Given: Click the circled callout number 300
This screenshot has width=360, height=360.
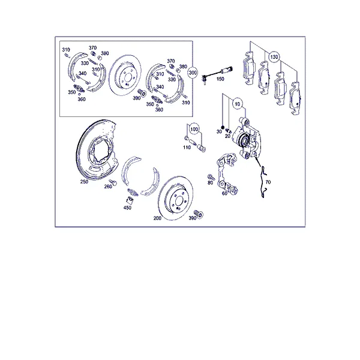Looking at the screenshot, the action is click(193, 73).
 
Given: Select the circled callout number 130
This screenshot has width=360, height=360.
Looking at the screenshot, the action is click(274, 57).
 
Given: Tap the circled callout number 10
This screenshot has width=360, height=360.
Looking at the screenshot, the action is click(237, 104).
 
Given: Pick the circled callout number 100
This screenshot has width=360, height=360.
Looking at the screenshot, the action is click(194, 129).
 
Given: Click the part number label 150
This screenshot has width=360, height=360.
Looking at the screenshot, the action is click(220, 79).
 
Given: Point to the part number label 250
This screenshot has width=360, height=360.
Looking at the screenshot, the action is click(84, 182).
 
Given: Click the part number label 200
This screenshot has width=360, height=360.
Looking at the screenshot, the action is click(157, 218).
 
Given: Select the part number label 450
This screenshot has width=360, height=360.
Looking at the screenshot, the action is click(127, 208).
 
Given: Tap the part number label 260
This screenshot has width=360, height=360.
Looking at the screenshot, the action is click(108, 187).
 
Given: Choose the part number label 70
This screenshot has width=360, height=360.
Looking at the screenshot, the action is click(268, 182).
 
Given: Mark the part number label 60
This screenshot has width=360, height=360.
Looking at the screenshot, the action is click(224, 193).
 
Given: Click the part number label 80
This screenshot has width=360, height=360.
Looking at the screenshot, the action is click(211, 182).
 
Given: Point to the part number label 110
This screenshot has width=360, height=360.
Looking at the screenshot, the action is click(187, 148).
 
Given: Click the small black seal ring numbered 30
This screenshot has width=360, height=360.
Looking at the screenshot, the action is click(222, 127).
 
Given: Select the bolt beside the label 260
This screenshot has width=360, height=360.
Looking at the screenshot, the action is click(113, 182).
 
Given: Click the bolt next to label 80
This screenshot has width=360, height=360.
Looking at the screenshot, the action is click(211, 177).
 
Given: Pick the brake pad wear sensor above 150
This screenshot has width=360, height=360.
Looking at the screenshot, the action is click(217, 73).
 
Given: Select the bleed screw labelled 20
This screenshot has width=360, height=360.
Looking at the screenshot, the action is click(229, 131).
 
